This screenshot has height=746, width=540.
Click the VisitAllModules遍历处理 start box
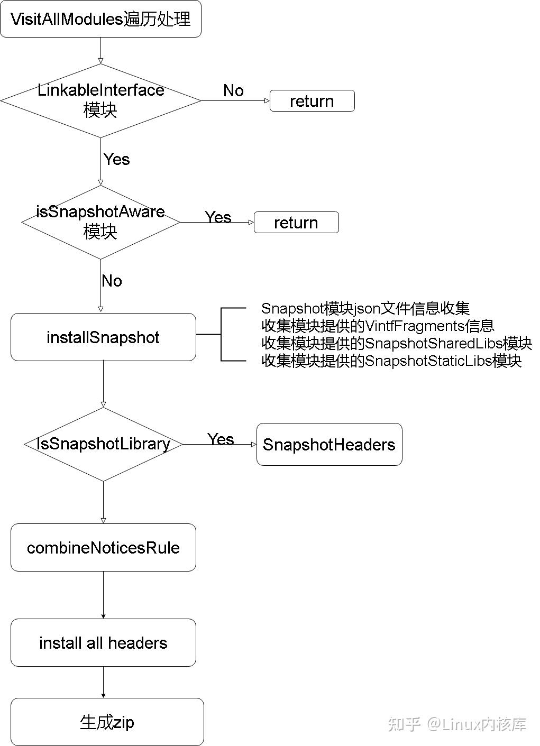100,20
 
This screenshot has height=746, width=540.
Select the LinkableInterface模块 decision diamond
100,100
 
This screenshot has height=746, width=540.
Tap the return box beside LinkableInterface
312,101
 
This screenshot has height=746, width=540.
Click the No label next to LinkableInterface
233,90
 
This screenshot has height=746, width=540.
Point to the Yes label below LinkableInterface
116,159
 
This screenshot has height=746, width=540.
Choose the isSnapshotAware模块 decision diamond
100,222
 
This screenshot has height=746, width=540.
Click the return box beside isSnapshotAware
296,223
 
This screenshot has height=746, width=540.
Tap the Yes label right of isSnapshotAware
218,217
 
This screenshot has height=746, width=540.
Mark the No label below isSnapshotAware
112,281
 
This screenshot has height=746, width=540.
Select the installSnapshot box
103,337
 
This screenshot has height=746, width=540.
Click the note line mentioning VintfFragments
378,326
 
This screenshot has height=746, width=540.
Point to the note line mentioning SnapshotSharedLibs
397,343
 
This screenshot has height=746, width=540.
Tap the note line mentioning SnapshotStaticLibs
391,361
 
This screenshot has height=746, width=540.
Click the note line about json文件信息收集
365,308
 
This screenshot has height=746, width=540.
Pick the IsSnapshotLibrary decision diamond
103,444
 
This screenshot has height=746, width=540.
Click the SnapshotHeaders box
329,445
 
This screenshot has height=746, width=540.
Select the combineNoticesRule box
103,548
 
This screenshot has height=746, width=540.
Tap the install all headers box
103,643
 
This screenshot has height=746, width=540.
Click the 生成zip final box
107,722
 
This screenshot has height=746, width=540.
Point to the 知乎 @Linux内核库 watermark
457,724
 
